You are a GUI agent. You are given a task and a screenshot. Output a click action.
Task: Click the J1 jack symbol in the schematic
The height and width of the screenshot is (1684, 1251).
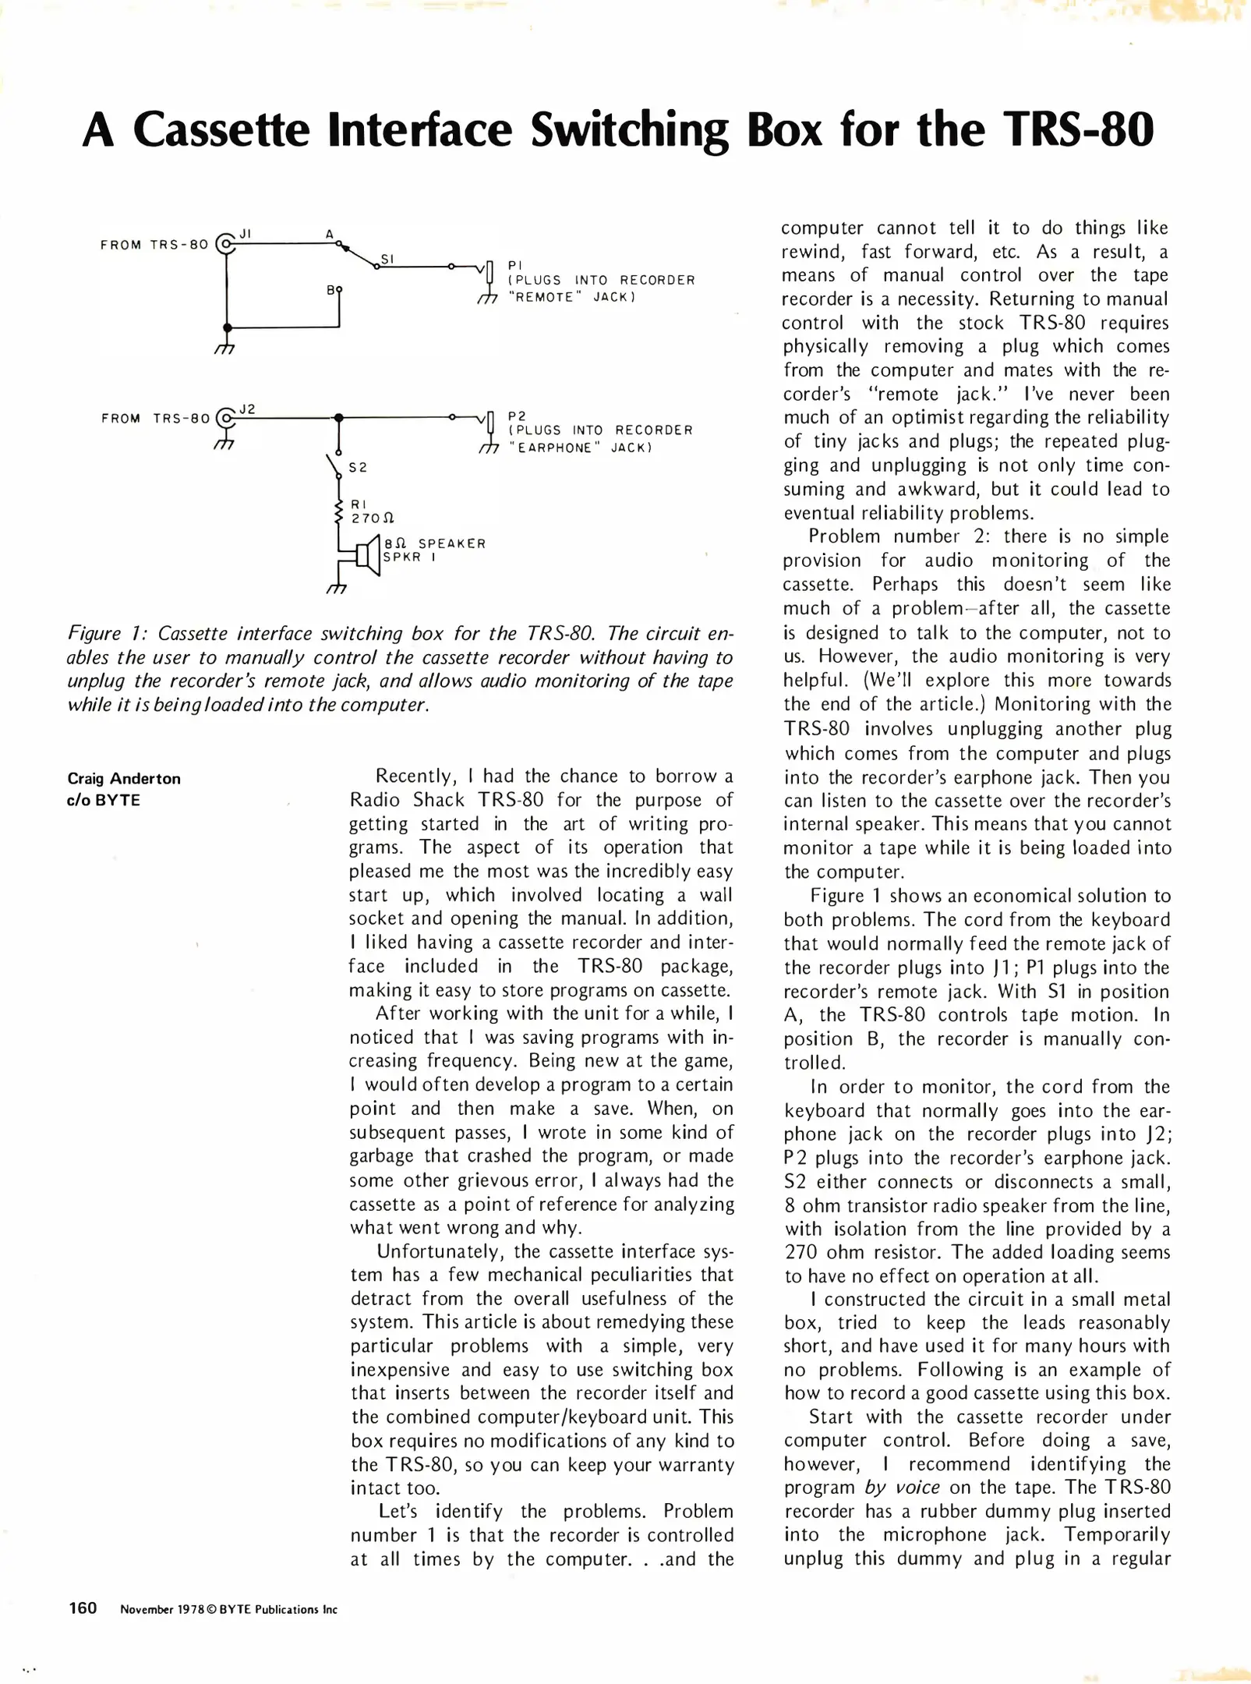(226, 244)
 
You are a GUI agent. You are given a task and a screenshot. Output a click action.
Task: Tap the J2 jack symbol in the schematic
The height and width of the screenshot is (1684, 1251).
(226, 418)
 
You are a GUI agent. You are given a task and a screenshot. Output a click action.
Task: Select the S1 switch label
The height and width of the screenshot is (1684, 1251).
(387, 259)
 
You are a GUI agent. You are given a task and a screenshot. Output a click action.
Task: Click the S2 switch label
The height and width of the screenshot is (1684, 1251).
(358, 468)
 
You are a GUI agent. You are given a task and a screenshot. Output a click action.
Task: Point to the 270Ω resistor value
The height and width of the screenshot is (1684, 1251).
(373, 518)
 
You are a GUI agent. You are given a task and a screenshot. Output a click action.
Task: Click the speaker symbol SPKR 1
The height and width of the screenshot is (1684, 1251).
(367, 556)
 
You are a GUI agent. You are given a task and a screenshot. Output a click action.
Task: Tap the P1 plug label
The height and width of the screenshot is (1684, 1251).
(514, 266)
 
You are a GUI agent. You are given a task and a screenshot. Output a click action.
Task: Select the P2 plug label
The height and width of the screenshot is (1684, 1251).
(517, 416)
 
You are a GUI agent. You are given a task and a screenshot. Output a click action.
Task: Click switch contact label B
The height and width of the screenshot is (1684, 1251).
(330, 290)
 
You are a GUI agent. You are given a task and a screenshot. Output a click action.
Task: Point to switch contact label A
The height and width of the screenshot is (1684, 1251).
(330, 234)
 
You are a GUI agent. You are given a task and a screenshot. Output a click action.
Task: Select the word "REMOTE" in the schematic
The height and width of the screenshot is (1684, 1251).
(545, 298)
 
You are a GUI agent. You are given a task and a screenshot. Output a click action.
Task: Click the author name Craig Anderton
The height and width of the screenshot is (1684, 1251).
(124, 778)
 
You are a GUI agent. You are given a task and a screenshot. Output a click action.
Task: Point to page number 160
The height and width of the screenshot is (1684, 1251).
(83, 1608)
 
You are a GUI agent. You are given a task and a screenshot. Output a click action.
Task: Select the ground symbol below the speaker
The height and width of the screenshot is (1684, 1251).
(337, 587)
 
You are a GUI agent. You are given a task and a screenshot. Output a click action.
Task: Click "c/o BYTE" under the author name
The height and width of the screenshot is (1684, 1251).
(104, 800)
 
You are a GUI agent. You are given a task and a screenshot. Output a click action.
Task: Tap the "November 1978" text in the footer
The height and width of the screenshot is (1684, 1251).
(161, 1609)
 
